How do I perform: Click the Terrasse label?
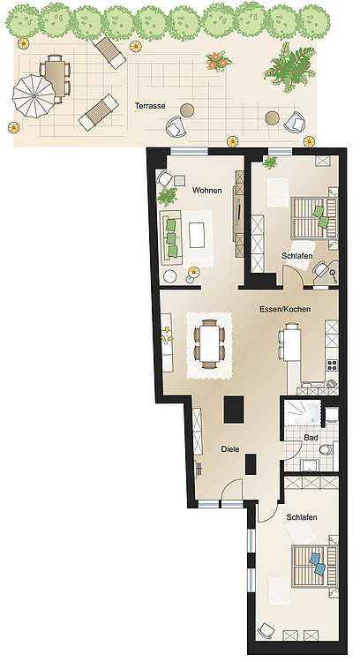150,106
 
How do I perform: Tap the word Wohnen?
206,191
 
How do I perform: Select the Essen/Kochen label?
285,309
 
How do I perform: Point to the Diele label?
230,449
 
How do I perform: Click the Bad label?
311,438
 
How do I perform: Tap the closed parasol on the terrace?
34,96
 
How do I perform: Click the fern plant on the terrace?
290,68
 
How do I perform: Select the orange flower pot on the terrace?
218,61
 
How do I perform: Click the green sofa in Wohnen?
170,238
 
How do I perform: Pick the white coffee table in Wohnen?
197,235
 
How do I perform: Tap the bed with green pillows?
315,218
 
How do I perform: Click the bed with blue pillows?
315,566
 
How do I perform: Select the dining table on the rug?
210,343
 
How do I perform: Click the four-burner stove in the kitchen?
332,365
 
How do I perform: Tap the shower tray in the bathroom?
302,412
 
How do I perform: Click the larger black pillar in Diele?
234,409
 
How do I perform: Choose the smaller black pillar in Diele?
251,464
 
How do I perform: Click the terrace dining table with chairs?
56,79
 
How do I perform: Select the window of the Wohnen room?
189,152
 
